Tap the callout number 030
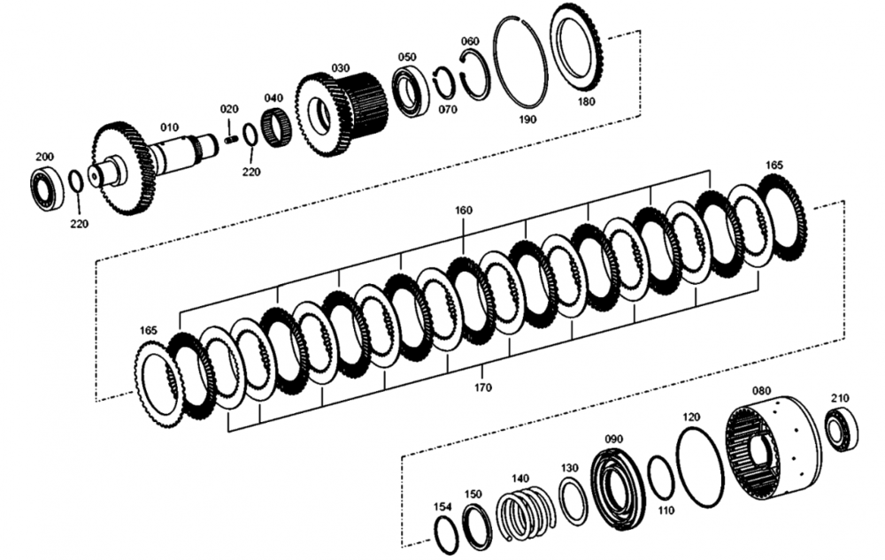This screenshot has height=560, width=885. tap(340, 67)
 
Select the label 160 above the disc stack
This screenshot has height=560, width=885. tap(464, 211)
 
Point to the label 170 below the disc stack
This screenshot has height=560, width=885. tap(483, 387)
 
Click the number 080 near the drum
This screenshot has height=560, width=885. tap(761, 390)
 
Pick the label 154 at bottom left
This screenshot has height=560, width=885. tap(442, 507)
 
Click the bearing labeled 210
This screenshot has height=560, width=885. tap(841, 428)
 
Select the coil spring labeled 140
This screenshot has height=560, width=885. tap(526, 514)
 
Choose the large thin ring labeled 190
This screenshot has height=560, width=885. tap(520, 60)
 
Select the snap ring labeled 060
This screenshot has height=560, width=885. tap(476, 75)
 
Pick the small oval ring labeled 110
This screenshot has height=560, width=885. tap(659, 478)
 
